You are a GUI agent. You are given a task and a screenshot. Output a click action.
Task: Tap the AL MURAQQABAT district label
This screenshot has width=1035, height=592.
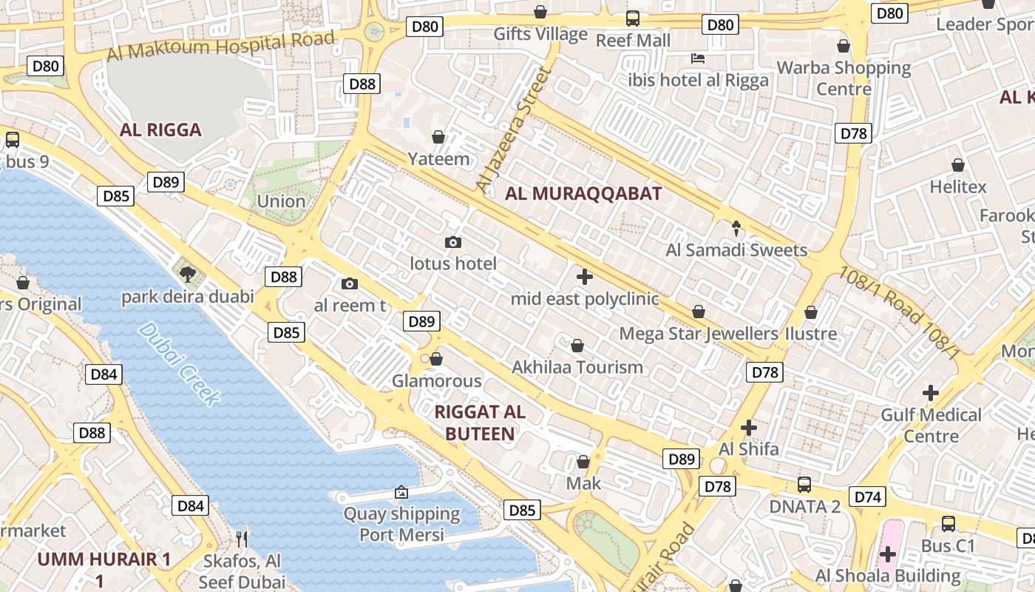(583, 194)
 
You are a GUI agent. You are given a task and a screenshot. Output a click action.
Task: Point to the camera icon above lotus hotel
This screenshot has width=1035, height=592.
(453, 242)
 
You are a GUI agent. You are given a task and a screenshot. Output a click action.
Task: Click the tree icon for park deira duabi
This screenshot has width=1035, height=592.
(188, 275)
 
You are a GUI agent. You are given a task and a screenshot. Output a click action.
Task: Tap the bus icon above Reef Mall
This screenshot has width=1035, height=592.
(632, 18)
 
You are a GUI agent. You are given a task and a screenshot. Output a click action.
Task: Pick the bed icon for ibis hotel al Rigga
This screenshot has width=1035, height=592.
(697, 58)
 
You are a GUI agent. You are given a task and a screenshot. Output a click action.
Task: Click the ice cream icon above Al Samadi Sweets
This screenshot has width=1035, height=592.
(736, 228)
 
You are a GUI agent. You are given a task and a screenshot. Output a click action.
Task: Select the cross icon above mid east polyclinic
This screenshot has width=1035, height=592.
(584, 277)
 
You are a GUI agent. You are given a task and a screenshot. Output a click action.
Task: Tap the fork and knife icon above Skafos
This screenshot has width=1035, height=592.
(242, 538)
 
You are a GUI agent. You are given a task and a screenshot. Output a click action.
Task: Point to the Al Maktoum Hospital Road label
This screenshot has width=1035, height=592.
(221, 45)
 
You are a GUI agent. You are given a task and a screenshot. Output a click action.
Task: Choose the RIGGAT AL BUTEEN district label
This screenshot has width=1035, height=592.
(481, 423)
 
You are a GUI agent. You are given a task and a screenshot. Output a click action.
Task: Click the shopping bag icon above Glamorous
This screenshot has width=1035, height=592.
(436, 359)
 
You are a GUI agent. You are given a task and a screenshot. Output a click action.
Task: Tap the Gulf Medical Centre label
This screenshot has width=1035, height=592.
(931, 425)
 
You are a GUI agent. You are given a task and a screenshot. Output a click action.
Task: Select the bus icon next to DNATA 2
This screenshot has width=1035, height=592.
(804, 485)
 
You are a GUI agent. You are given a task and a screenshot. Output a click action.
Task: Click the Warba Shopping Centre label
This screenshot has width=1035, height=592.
(844, 78)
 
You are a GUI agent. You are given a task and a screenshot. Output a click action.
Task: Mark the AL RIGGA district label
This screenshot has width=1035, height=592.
(160, 130)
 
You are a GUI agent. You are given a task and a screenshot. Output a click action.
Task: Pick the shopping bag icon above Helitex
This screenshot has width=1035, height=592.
(958, 165)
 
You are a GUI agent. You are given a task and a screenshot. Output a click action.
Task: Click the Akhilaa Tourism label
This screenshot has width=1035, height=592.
(577, 367)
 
